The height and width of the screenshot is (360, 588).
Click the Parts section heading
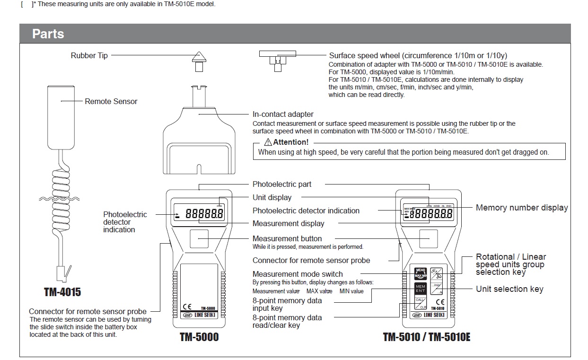click(48, 34)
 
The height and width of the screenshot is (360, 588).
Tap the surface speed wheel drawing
click(277, 59)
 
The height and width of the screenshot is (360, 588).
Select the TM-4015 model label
click(62, 292)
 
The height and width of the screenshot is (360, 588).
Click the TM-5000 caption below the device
click(199, 338)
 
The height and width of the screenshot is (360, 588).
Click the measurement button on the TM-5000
click(199, 240)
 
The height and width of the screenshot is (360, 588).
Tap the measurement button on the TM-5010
click(430, 240)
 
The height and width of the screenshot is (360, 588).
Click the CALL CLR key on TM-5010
click(421, 303)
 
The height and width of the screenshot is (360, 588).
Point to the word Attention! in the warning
click(290, 142)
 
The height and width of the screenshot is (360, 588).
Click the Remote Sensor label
click(111, 101)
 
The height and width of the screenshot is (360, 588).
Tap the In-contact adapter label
click(283, 114)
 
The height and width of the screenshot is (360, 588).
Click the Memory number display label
click(521, 208)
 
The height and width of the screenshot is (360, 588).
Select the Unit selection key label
click(509, 289)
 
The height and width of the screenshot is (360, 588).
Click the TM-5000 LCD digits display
click(204, 214)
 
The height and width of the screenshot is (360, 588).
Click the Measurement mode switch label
click(298, 274)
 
